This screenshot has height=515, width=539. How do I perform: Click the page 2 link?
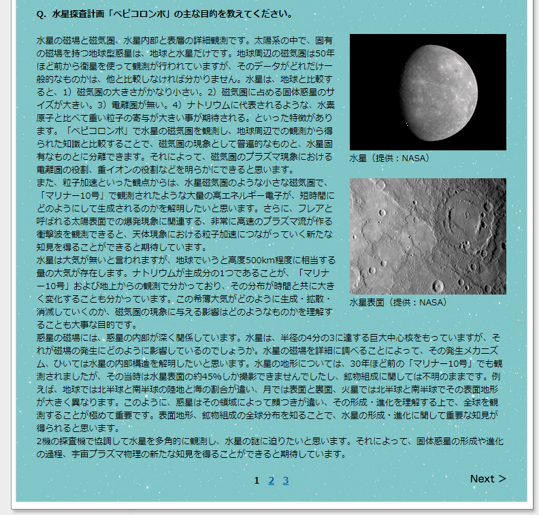coord(272,481)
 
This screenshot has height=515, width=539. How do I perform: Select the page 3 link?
coord(286,481)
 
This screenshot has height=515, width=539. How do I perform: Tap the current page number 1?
coord(257,481)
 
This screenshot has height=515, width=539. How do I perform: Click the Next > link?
coord(488,479)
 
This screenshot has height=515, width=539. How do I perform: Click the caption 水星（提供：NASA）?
coord(389,158)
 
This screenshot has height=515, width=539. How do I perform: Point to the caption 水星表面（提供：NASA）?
coord(398,302)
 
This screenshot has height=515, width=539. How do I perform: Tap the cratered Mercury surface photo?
coord(427,235)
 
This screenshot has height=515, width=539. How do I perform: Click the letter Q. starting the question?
coord(41,14)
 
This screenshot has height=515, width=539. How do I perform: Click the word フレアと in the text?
coord(318,209)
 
